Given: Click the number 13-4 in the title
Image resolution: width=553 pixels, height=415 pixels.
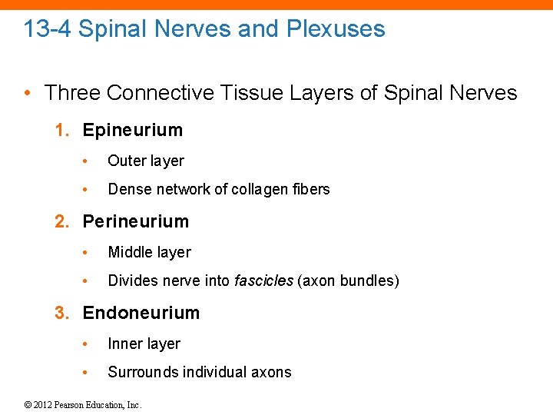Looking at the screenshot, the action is pos(48,29).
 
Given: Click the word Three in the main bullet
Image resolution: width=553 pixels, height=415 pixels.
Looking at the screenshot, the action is pos(72,93).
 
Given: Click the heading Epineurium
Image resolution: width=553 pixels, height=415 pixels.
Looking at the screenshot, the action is pos(133,130).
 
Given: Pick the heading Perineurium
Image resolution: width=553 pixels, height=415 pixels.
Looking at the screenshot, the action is pos(135,221).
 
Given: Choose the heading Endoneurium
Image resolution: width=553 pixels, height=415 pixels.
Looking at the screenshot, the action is pos(141,313).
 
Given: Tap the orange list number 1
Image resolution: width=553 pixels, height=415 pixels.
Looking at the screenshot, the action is pos(61,130).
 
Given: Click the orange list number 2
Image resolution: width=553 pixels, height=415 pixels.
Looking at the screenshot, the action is pos(61,221).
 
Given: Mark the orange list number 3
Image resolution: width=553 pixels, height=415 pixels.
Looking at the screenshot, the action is pos(61,313).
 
